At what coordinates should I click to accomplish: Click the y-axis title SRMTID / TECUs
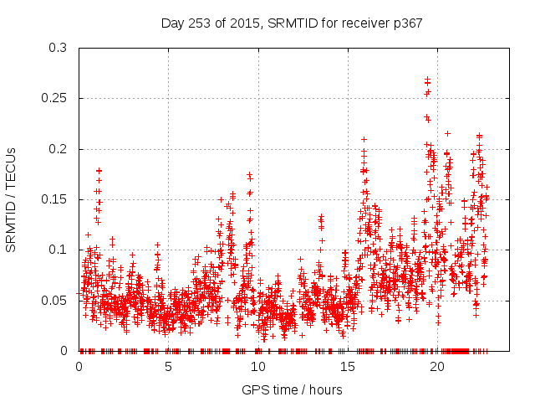coord(12,199)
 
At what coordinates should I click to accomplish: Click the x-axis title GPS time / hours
coord(292,389)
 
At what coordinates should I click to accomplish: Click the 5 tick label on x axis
coord(168,367)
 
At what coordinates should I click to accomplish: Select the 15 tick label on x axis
coord(347,367)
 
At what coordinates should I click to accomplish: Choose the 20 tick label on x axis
coord(436,367)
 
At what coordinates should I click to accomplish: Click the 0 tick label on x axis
coord(79,367)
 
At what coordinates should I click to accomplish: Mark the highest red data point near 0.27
coord(427,80)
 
